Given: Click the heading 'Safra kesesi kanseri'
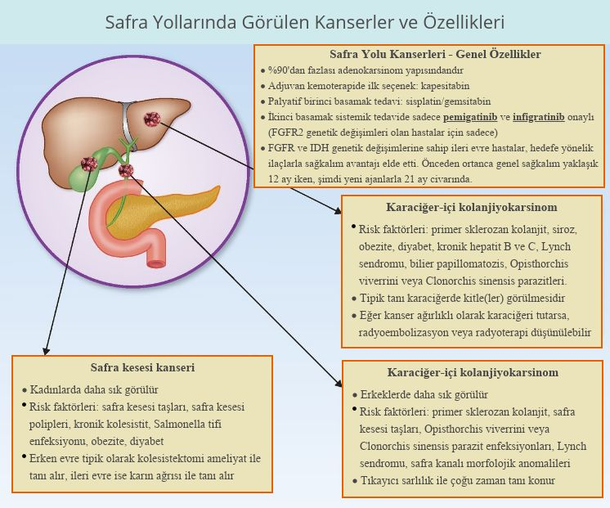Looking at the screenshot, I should (x=142, y=367).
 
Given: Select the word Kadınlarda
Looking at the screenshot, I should (x=55, y=389).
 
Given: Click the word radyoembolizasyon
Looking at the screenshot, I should (x=404, y=332).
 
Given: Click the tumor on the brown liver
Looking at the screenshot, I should (x=151, y=119).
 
